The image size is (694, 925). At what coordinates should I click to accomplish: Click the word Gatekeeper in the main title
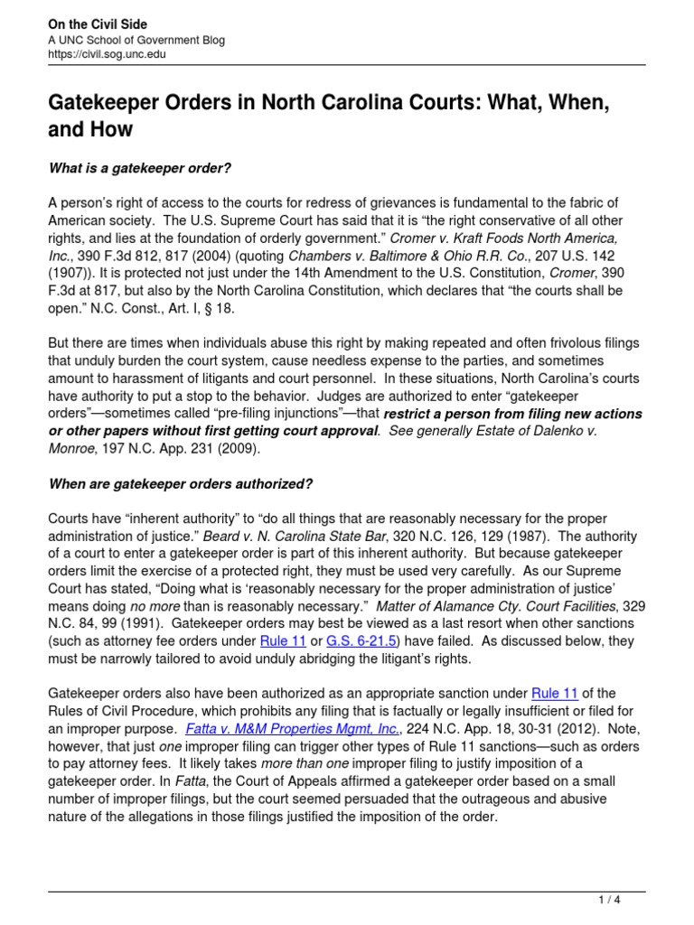tap(107, 103)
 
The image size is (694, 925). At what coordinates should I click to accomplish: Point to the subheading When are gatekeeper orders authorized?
tap(180, 484)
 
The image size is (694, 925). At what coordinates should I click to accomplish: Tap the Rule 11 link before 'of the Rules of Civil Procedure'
tap(558, 694)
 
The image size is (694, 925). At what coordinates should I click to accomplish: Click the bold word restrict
tap(416, 415)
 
